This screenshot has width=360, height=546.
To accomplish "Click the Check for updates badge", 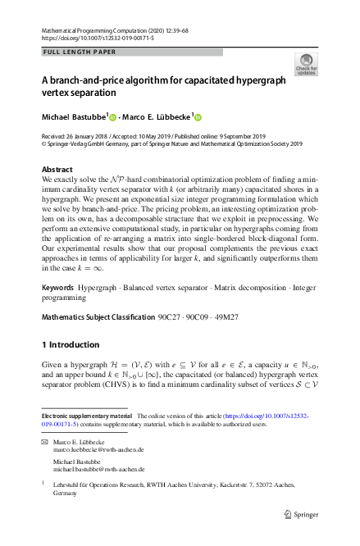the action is click(x=306, y=64).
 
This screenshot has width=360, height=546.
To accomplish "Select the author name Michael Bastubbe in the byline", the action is click(x=74, y=117).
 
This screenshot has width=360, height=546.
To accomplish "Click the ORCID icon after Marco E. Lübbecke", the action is click(x=198, y=117).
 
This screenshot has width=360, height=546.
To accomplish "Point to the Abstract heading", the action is click(x=57, y=169).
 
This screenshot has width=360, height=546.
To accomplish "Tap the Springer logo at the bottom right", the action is click(x=303, y=516).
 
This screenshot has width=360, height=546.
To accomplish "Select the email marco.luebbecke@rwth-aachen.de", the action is click(x=98, y=450).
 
